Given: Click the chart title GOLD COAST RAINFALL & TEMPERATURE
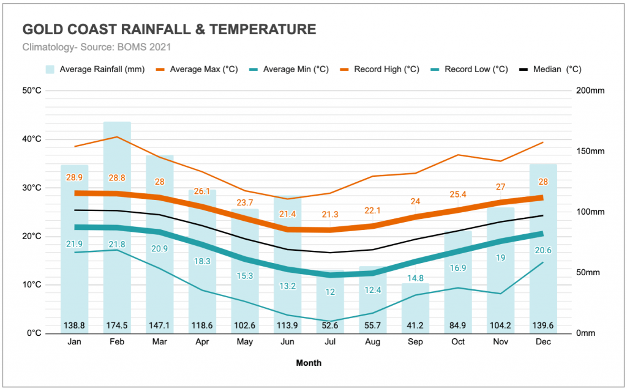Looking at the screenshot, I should [x=169, y=29].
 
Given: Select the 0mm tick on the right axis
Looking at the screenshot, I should [x=586, y=333].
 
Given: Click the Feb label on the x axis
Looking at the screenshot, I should [x=117, y=343].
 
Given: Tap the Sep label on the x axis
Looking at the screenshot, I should [x=416, y=343].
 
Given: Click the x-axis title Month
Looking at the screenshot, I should [x=309, y=363].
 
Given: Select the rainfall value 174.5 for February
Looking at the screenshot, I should [x=117, y=324].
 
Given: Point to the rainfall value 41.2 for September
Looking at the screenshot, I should [x=416, y=324].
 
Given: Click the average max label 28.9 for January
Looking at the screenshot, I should [x=75, y=177].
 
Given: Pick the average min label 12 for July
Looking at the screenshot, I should [x=331, y=292].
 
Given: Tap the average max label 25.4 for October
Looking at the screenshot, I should [x=458, y=194].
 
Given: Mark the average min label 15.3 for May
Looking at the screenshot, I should [x=245, y=276].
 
